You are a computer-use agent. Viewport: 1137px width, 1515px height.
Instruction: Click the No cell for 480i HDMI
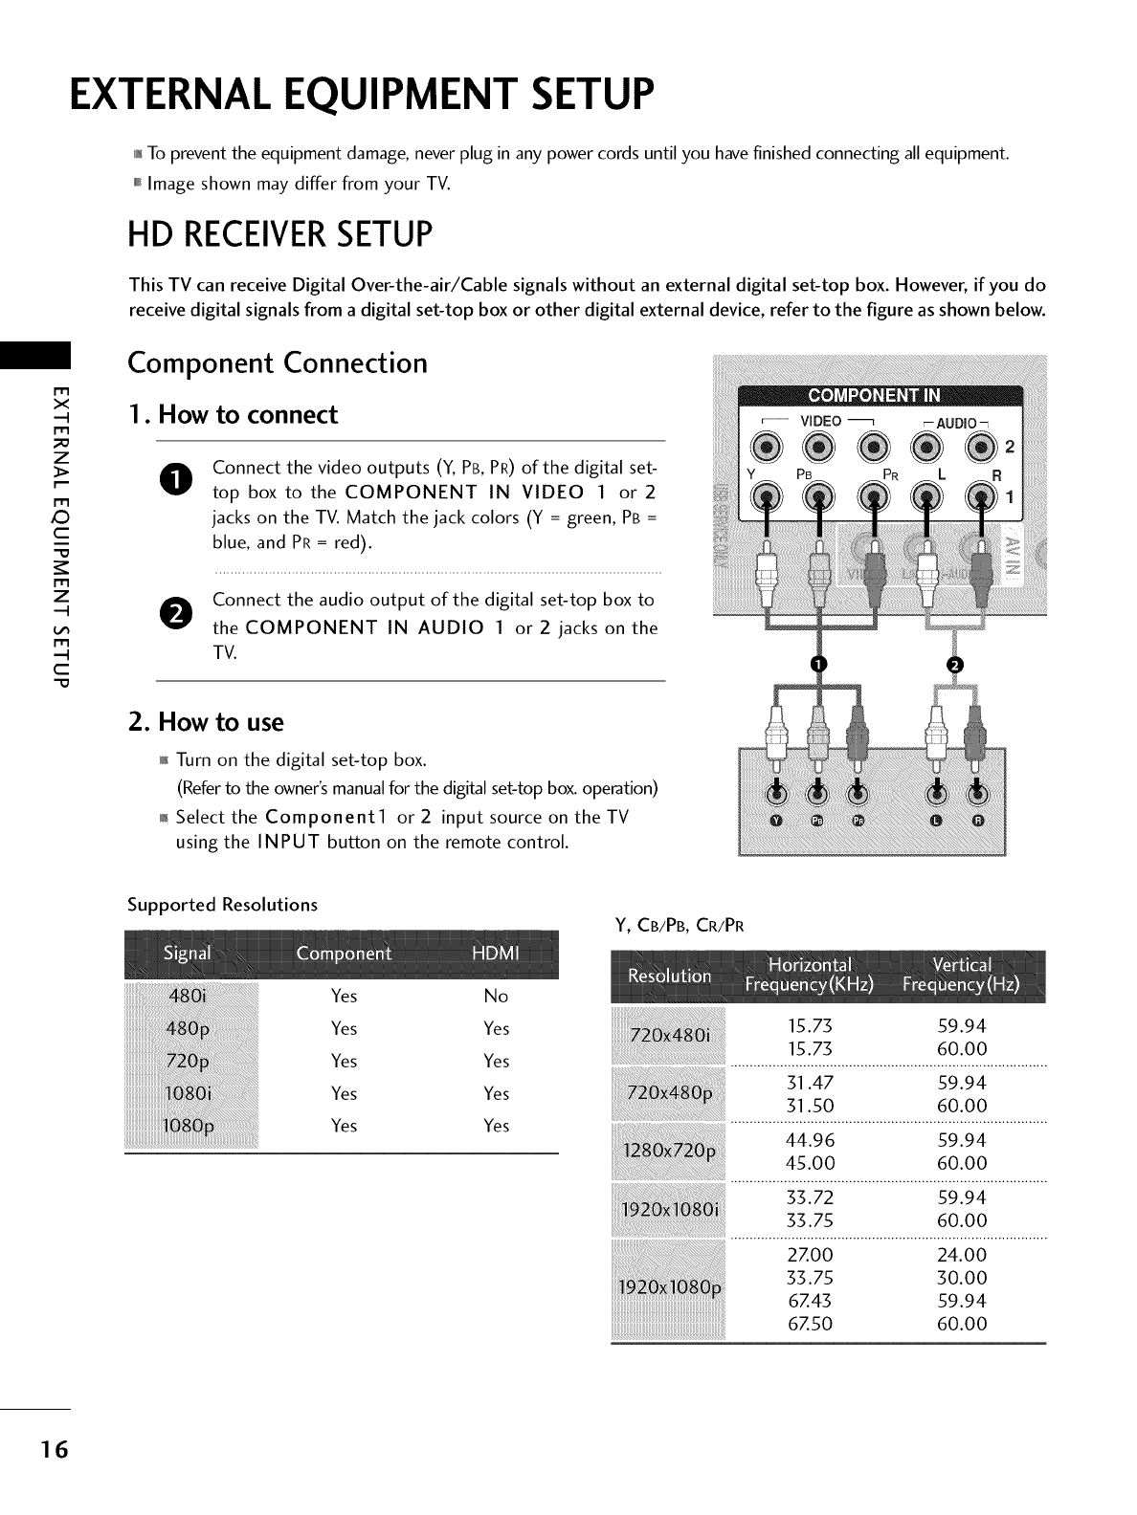tap(496, 997)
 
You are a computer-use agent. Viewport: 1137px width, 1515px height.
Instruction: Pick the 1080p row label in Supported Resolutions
tap(189, 1126)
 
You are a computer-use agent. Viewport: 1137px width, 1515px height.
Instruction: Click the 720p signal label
tap(189, 1062)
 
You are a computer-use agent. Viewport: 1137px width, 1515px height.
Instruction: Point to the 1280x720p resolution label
tap(668, 1152)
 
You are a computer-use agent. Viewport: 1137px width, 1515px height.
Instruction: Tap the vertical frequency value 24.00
tap(962, 1255)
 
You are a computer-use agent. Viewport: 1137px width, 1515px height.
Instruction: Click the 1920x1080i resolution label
tap(668, 1209)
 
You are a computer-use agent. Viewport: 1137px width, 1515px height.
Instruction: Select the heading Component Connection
tap(278, 364)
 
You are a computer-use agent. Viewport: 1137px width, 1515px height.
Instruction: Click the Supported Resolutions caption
tap(223, 905)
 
